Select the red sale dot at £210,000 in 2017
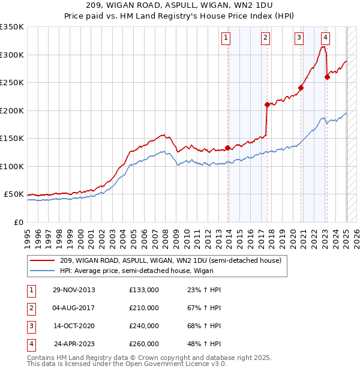coord(267,104)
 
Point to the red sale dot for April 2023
coord(327,77)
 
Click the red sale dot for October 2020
coord(301,88)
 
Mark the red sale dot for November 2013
coord(228,148)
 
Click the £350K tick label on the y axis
coord(12,27)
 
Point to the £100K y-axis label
coord(12,166)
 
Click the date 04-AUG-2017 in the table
coord(74,308)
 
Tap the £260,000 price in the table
coord(144,344)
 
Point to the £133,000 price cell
coord(144,290)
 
